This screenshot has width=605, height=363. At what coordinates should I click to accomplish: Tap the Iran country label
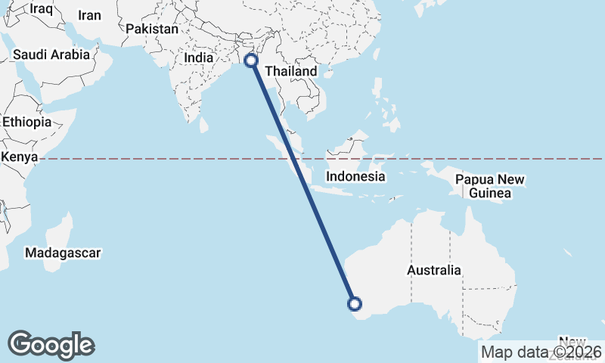point(89,15)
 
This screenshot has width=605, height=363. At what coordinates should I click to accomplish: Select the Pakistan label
point(152,29)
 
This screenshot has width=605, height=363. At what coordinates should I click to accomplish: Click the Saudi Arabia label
point(52,54)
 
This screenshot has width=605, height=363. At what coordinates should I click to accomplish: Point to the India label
point(199,57)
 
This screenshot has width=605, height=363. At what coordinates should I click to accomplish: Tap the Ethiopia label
point(26,122)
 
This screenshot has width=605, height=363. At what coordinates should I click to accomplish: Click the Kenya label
point(20,157)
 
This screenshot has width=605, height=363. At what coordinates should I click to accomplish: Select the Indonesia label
point(355,176)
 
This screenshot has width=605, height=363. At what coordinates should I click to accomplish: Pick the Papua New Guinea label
point(489,186)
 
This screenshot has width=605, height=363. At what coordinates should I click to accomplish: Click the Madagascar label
point(63,253)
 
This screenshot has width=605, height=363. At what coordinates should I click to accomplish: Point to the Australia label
point(433,270)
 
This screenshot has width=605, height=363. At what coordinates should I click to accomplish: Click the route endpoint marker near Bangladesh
point(252,60)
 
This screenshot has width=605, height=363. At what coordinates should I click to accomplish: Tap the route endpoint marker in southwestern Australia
point(354,304)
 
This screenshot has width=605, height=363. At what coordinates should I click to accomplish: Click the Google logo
point(51,345)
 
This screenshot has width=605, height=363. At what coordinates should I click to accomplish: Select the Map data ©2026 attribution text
point(541,352)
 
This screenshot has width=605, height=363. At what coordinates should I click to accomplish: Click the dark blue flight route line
point(302,182)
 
